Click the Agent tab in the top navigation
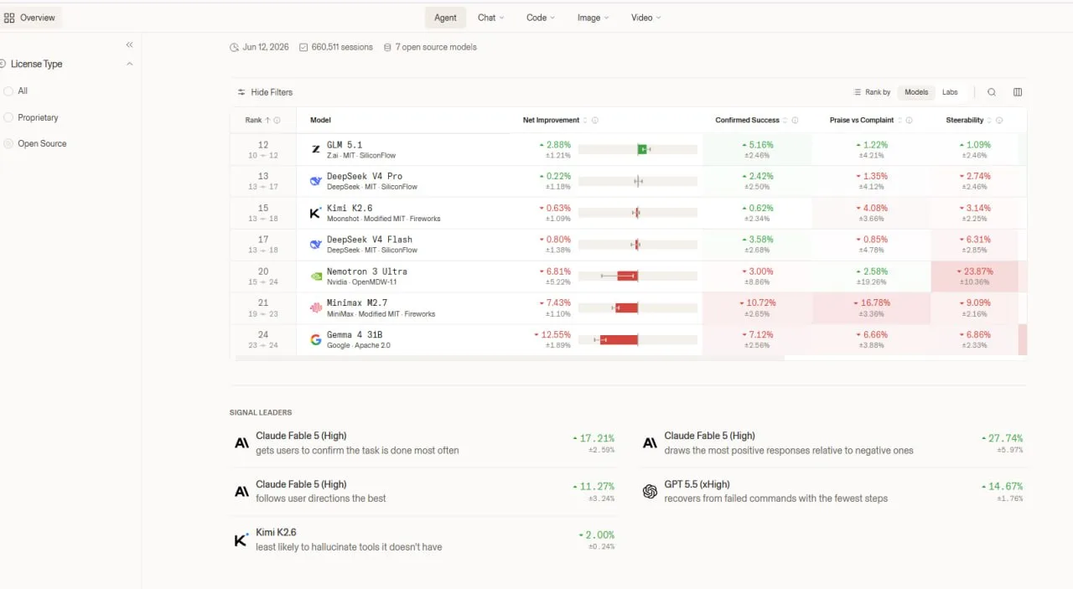click(x=445, y=18)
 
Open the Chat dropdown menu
click(x=490, y=18)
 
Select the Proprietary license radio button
click(x=8, y=118)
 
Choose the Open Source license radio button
click(x=8, y=143)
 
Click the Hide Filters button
click(x=265, y=92)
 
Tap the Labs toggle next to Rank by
click(x=950, y=92)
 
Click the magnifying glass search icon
click(x=992, y=92)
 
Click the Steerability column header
click(x=964, y=120)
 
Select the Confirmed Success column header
click(x=747, y=120)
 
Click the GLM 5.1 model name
click(x=345, y=145)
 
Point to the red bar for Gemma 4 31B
click(x=619, y=340)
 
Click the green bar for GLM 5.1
click(x=642, y=149)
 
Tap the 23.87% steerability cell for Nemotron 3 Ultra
click(x=974, y=276)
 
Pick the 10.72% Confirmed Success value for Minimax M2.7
click(x=757, y=303)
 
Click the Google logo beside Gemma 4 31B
click(x=315, y=339)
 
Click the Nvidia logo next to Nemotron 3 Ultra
click(x=316, y=276)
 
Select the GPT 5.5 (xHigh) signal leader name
click(x=697, y=484)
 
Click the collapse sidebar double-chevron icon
click(x=129, y=45)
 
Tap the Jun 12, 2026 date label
click(x=266, y=47)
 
